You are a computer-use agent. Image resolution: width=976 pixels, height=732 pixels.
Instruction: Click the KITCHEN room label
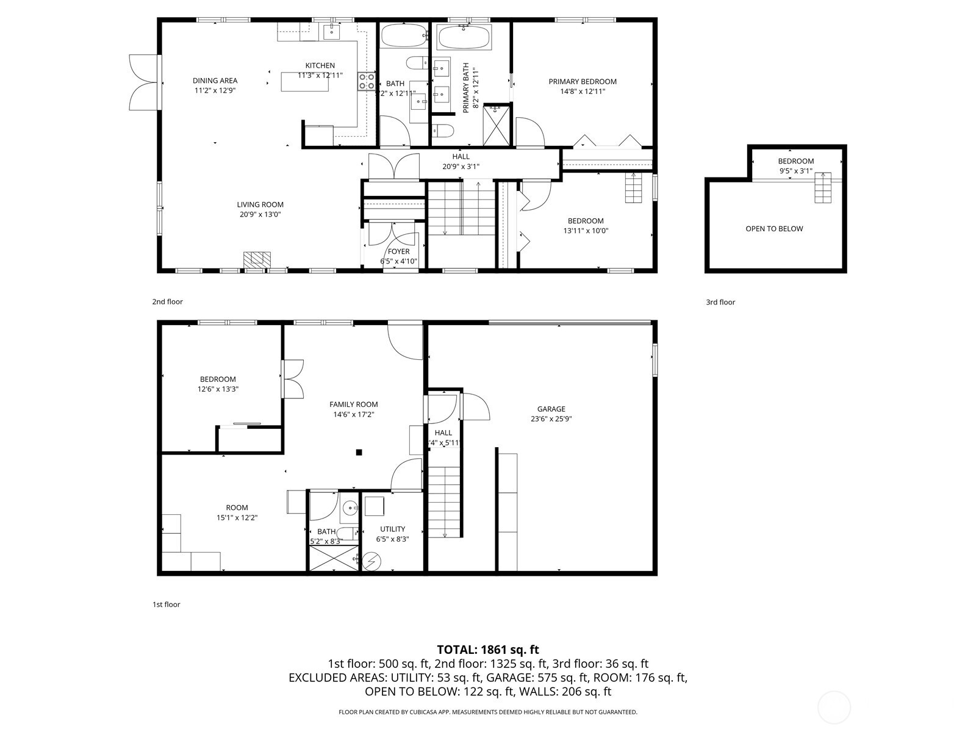pos(320,66)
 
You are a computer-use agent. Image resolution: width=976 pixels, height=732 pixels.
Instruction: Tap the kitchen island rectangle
pos(304,81)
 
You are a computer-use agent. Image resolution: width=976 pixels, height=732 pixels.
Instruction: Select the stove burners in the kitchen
pos(366,81)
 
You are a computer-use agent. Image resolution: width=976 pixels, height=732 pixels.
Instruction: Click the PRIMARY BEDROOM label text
pos(582,82)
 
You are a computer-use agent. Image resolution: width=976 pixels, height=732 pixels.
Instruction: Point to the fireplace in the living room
pos(257,259)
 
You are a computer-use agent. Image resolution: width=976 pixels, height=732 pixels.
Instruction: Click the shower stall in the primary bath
pos(495,125)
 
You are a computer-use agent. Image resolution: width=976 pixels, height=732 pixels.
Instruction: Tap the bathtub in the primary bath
pos(464,38)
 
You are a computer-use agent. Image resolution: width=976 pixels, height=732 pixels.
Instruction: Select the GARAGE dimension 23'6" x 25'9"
pos(551,419)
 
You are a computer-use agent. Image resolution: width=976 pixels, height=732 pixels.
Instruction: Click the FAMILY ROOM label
pos(353,404)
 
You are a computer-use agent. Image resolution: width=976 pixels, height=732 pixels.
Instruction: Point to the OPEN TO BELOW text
pos(773,229)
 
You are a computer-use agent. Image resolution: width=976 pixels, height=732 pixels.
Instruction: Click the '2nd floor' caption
pos(167,301)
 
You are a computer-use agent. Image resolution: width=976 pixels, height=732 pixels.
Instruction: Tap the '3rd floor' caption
pos(720,302)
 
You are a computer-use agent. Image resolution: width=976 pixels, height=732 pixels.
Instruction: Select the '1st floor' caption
pos(166,605)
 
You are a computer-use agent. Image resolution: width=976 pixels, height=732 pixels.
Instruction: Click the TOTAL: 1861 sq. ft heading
pos(487,650)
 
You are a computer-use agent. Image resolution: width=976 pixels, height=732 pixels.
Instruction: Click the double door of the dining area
pos(144,82)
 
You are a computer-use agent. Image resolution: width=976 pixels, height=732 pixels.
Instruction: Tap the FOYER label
pos(398,251)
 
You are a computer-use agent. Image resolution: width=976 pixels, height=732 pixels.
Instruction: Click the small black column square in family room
pos(359,452)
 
